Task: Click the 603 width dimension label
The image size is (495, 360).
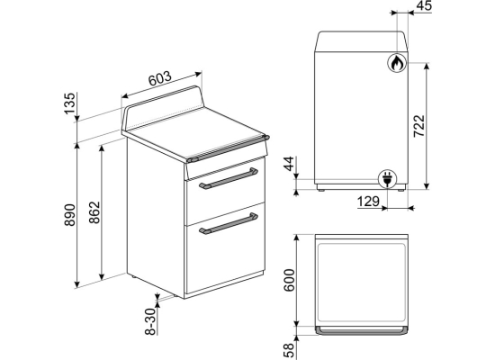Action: click(160, 78)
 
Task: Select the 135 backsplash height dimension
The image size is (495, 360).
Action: click(70, 103)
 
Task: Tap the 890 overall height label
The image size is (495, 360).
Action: click(70, 215)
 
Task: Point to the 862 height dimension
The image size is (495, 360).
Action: click(94, 212)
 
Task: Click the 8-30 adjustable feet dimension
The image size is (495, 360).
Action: click(151, 321)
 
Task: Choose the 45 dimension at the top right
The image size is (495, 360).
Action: click(424, 5)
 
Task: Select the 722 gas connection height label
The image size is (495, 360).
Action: click(419, 126)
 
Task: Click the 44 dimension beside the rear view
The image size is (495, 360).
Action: click(289, 164)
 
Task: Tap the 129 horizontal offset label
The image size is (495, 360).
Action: click(368, 202)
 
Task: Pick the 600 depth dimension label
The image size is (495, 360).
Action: click(289, 281)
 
